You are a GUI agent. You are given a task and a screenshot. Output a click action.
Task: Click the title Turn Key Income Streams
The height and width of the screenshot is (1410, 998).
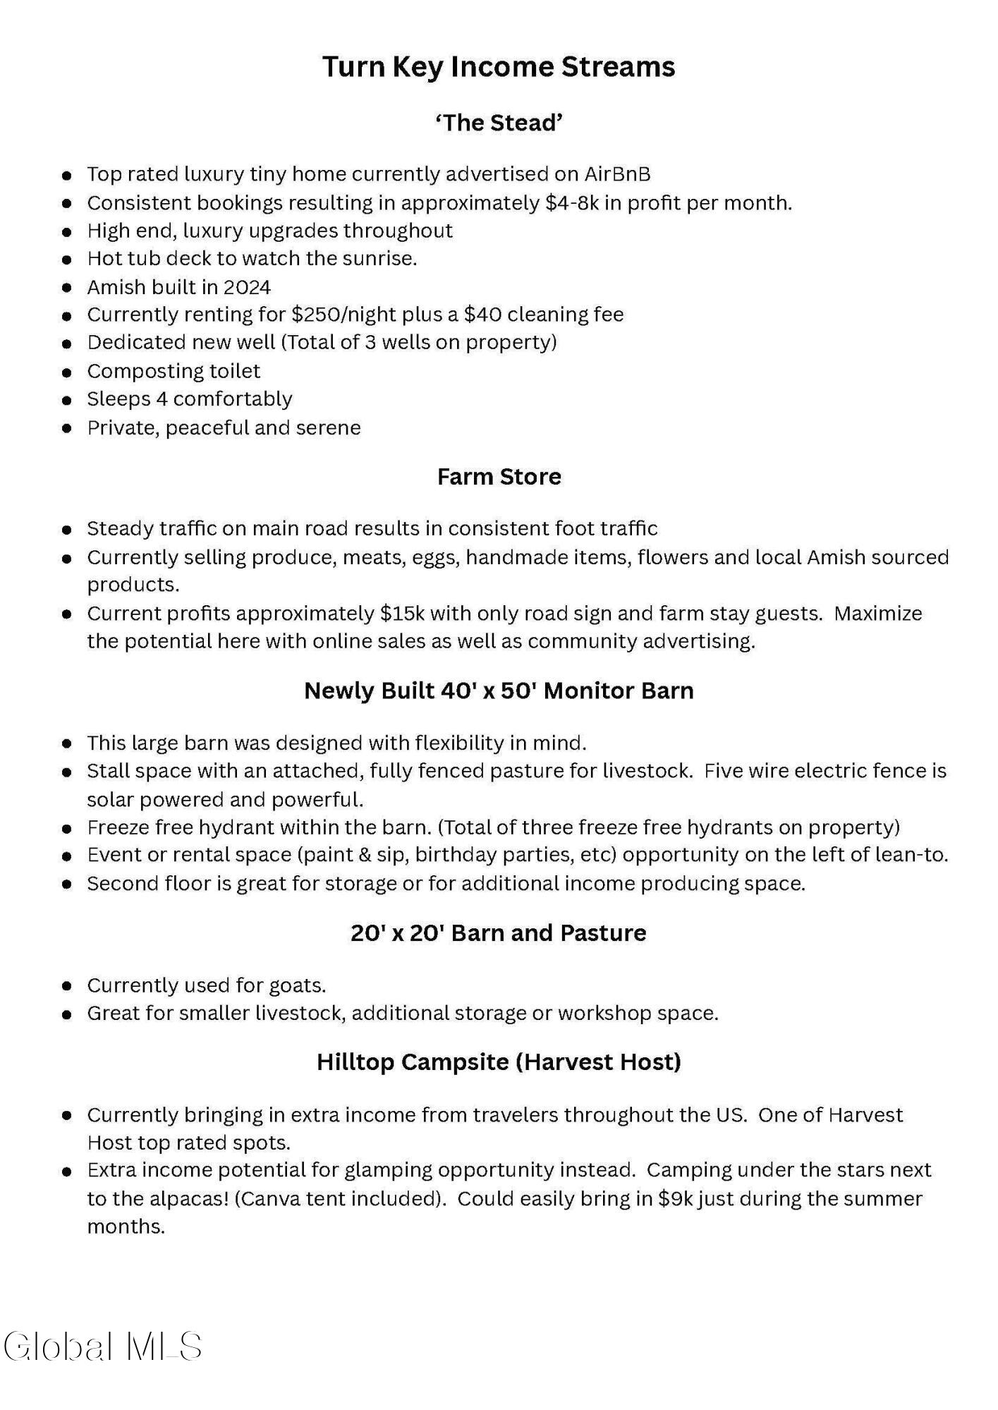(x=499, y=67)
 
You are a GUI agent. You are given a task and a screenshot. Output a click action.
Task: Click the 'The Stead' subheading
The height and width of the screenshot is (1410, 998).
(x=499, y=123)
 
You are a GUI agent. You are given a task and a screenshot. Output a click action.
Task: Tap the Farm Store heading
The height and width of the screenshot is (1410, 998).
(x=499, y=477)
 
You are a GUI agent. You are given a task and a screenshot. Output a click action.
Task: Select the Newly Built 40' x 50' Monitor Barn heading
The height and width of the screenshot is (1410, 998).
(x=499, y=691)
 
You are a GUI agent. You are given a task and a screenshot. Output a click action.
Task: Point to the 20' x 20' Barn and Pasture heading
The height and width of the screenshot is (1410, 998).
(x=499, y=933)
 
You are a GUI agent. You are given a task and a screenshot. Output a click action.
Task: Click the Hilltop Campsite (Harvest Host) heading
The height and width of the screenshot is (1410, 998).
(x=499, y=1062)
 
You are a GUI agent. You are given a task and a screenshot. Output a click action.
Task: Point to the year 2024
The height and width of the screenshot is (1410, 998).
(x=247, y=288)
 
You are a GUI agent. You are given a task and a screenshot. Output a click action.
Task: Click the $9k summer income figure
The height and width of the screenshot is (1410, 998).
(x=674, y=1199)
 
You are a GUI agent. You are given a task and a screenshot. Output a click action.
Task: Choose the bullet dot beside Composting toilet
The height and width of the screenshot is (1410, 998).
(x=67, y=372)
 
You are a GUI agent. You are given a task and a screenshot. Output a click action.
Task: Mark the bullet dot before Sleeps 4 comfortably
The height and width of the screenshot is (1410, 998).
(x=67, y=400)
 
